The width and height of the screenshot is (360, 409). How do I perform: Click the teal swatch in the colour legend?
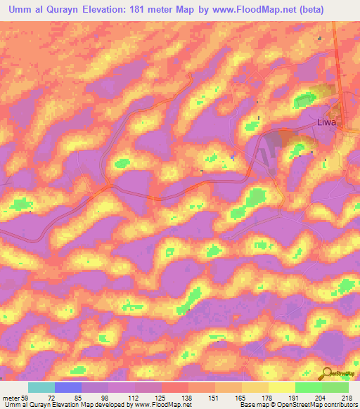41,387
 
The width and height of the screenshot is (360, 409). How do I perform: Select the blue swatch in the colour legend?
68,387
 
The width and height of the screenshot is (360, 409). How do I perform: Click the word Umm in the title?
18,11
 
